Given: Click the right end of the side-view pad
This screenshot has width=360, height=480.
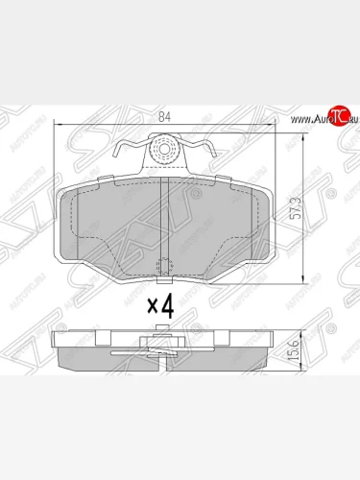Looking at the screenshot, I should (265, 357).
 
